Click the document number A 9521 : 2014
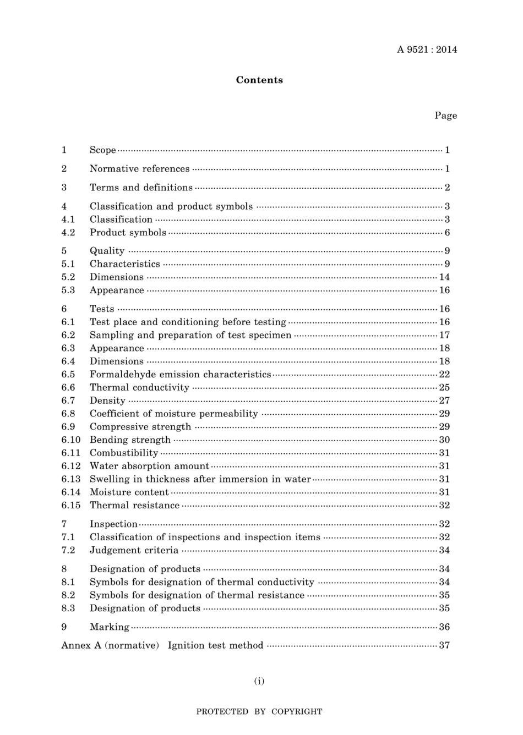(427, 50)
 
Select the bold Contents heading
(259, 80)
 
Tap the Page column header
(445, 116)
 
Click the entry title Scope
(103, 150)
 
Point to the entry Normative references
(139, 169)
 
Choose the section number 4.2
(68, 233)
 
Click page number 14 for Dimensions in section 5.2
(444, 277)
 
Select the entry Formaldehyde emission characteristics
(180, 375)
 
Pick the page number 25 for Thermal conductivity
(444, 388)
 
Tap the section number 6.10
(71, 440)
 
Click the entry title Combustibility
(124, 453)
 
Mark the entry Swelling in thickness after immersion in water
(200, 479)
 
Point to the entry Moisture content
(129, 492)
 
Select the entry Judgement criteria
(134, 550)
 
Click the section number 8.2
(68, 595)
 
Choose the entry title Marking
(110, 627)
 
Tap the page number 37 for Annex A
(444, 645)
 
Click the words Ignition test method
(215, 645)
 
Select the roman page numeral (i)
(259, 681)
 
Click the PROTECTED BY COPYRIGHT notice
(259, 711)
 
